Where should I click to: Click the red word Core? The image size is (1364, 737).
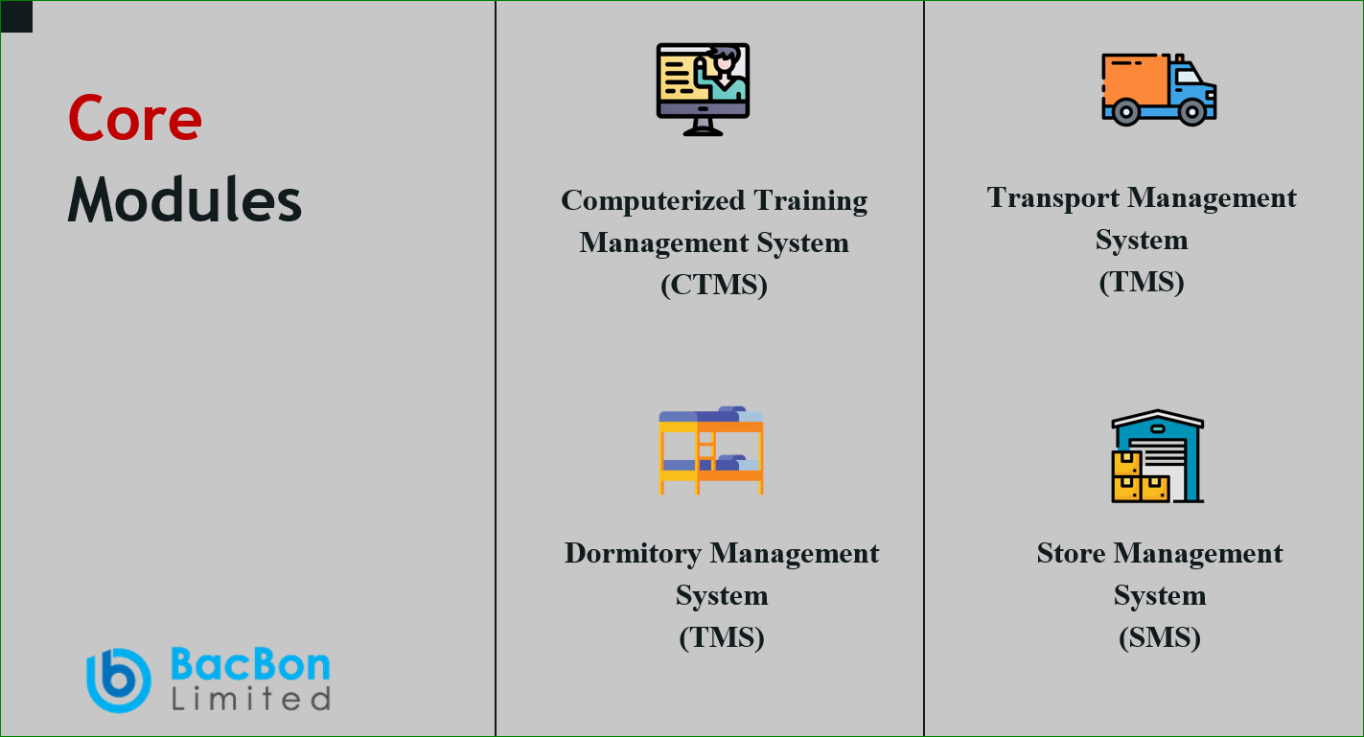point(134,118)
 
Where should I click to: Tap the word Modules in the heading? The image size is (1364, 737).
point(184,199)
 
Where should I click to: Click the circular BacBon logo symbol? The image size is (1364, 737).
point(119,680)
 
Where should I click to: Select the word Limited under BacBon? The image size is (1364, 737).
point(251,699)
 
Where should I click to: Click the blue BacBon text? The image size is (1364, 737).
point(250,663)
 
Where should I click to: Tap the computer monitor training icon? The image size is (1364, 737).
point(703,89)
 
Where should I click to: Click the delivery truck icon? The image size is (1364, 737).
point(1159,89)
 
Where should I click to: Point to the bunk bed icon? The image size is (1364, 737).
point(710,449)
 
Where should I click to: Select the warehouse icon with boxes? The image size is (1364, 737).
point(1158,456)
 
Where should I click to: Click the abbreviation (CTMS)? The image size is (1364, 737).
point(714,285)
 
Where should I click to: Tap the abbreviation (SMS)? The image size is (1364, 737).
point(1160,637)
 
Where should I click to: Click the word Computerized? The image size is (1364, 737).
point(653,201)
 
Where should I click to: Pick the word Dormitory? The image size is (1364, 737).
point(633,554)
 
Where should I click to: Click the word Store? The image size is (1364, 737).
point(1071,553)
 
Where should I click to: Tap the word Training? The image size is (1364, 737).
point(811,201)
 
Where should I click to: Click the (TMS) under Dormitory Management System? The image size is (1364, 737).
point(722,637)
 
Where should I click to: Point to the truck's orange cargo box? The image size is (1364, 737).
point(1135,81)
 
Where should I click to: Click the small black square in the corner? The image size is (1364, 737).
point(16,16)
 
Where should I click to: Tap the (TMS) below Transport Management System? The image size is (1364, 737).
point(1141,282)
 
